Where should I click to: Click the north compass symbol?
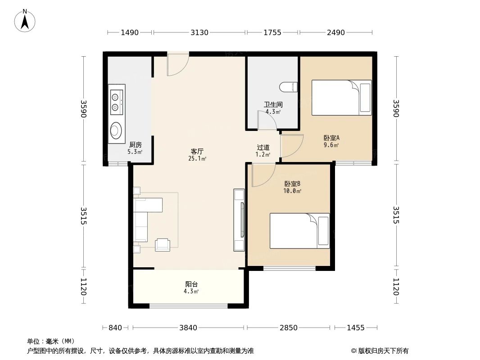point(26,20)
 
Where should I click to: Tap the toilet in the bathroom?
point(288,87)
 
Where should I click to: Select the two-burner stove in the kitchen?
point(117,102)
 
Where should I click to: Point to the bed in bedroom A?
point(341,98)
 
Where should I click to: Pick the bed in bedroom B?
point(299,230)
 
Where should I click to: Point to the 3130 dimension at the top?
point(199,32)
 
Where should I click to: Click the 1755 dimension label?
point(272,32)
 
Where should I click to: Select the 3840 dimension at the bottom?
point(188,328)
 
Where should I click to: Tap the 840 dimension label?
point(115,328)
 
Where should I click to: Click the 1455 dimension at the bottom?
point(355,328)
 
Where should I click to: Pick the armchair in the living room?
point(162,244)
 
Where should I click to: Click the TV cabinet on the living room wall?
point(239,220)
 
